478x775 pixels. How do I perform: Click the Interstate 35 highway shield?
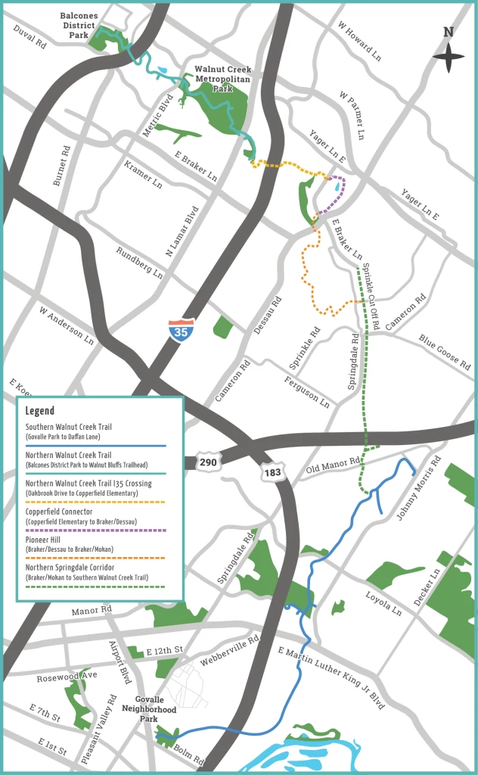181,330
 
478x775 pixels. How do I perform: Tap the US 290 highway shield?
209,461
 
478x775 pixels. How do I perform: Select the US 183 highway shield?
273,472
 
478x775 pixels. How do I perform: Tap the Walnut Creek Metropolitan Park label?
223,79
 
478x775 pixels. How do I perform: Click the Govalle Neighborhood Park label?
155,709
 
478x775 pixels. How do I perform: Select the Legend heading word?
40,411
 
